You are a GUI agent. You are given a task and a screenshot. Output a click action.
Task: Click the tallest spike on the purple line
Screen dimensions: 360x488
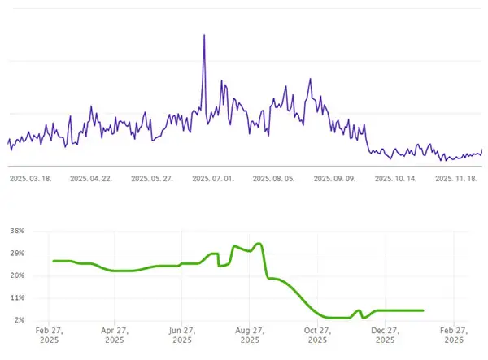point(203,35)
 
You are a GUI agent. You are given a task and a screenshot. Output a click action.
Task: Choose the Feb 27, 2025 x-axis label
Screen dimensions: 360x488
point(49,336)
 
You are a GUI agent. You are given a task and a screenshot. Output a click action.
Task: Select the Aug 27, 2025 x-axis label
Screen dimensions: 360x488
point(251,336)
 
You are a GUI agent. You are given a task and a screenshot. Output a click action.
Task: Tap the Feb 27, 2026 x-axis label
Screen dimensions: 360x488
point(452,336)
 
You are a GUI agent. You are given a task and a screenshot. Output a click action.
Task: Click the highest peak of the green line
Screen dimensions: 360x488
point(259,244)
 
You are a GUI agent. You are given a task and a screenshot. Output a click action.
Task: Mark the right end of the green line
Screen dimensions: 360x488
point(423,310)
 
